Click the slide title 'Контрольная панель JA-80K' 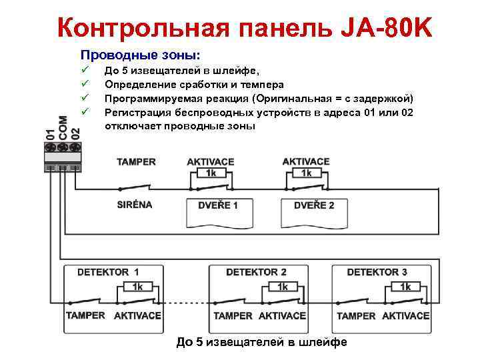245,27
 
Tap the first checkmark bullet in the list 84,70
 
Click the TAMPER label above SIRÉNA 136,162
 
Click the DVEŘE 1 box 217,205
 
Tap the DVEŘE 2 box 314,205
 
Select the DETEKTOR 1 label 108,272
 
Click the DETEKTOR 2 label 256,272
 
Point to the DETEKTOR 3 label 377,272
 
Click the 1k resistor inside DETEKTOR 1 137,287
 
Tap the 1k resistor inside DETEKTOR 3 405,287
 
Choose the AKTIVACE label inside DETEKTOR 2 282,315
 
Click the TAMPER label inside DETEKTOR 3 356,315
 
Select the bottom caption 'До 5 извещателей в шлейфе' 261,342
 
